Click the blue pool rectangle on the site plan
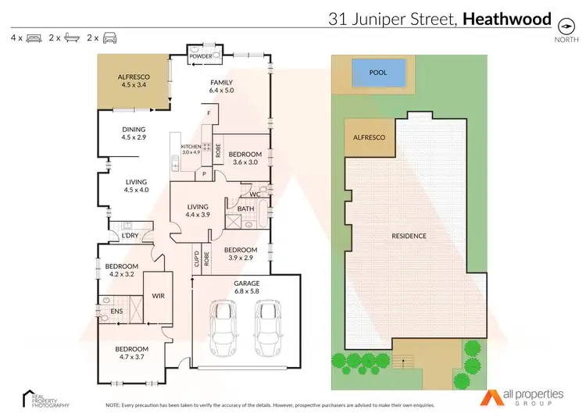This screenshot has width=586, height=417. pyautogui.click(x=378, y=75)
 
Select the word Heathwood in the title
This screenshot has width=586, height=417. pyautogui.click(x=507, y=19)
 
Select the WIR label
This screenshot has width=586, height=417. pyautogui.click(x=157, y=296)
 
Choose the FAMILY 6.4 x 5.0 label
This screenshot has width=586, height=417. pyautogui.click(x=221, y=87)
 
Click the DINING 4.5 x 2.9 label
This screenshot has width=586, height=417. pyautogui.click(x=134, y=134)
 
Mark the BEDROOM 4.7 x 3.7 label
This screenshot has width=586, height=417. pyautogui.click(x=132, y=353)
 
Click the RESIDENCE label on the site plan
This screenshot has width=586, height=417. pyautogui.click(x=409, y=236)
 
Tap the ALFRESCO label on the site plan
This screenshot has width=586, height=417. pyautogui.click(x=370, y=137)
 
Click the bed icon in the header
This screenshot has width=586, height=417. pyautogui.click(x=34, y=37)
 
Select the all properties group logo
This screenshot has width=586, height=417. pyautogui.click(x=518, y=398)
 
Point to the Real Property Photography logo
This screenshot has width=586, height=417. pyautogui.click(x=45, y=398)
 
